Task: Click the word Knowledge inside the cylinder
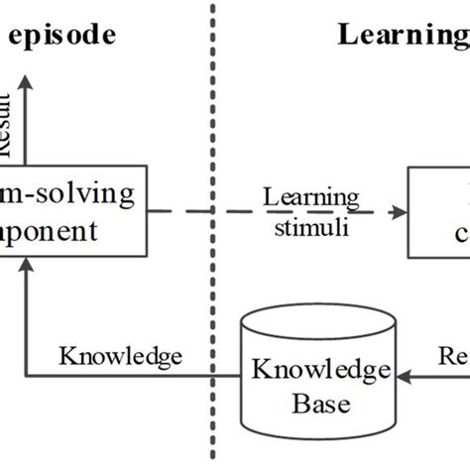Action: pos(319,371)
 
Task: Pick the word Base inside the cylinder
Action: pos(319,405)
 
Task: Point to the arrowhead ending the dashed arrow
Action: pos(400,211)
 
